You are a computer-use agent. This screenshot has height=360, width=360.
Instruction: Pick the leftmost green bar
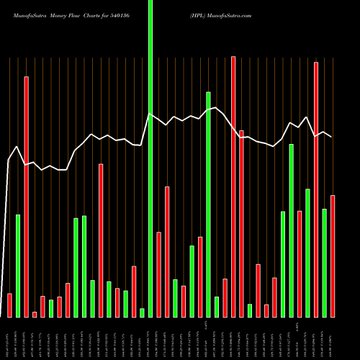(18, 266)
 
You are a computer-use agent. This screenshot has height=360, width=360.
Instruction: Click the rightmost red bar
(333, 256)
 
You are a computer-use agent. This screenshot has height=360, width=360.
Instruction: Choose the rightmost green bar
(325, 263)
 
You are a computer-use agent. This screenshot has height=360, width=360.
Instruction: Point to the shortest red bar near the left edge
(35, 314)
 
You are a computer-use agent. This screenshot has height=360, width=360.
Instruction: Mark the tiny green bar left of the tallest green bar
(142, 312)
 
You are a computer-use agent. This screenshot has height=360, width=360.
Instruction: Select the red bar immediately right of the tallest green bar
(159, 274)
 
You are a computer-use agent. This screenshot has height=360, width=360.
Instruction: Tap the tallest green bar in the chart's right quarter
(292, 230)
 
